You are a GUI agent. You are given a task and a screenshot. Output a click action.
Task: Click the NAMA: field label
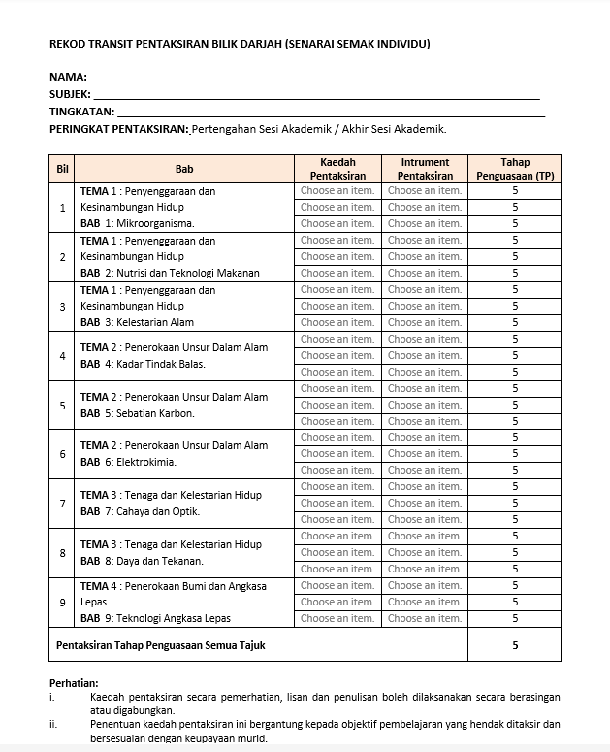point(68,77)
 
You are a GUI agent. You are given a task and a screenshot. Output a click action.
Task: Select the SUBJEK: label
point(70,94)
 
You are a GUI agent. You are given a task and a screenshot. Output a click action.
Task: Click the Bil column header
point(63,169)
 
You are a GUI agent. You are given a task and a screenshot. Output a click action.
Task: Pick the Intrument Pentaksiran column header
point(425,169)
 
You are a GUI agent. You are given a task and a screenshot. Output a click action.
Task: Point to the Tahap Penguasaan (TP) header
point(515,169)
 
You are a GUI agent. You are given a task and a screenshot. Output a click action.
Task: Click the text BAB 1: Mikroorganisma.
point(137,223)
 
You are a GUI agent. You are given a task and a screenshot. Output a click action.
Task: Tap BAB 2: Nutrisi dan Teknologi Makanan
point(170,273)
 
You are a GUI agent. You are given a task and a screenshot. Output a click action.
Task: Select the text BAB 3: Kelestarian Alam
point(137,322)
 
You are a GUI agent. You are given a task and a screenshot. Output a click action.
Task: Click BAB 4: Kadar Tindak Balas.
point(143,364)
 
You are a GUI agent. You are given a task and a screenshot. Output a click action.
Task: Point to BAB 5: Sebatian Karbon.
point(137,413)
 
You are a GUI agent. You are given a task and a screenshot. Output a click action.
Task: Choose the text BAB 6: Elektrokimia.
point(128,462)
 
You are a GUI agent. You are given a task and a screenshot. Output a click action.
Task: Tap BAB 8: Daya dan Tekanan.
point(142,561)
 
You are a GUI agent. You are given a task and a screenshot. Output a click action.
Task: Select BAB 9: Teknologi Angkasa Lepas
point(155,618)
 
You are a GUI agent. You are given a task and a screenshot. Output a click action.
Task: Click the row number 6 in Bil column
point(63,454)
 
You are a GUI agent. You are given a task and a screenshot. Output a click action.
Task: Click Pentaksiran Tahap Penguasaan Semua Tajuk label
point(160,644)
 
